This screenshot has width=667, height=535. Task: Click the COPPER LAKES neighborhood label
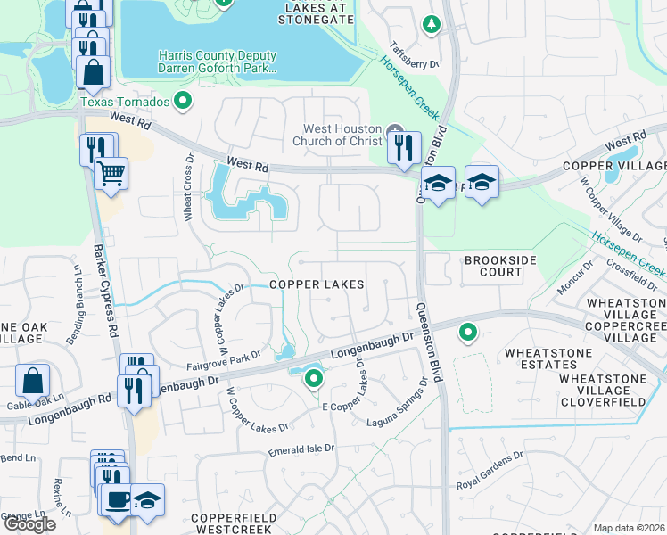(x=317, y=284)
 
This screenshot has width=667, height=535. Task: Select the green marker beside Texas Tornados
(x=185, y=102)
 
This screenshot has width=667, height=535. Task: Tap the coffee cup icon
(x=116, y=498)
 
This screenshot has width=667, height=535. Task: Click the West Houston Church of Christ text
(x=342, y=135)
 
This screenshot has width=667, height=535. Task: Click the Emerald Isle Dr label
(x=301, y=452)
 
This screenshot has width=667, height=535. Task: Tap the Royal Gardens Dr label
(x=490, y=472)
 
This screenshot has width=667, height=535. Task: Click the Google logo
(x=29, y=523)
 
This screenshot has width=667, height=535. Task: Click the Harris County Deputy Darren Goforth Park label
(x=217, y=62)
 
